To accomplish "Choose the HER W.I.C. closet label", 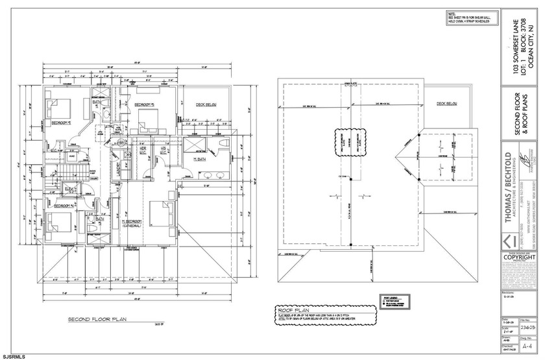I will tap(143, 150).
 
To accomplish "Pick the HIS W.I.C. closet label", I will tap(165, 150).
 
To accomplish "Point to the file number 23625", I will tap(527, 329).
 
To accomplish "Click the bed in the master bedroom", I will tap(159, 214).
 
